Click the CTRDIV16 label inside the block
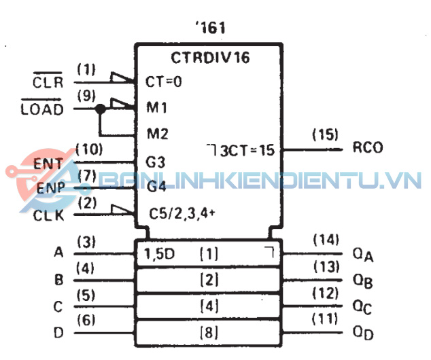(x=210, y=58)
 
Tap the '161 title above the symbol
(x=211, y=28)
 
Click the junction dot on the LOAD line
(x=101, y=109)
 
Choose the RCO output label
(x=368, y=147)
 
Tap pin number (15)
(x=325, y=134)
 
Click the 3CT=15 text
(x=247, y=151)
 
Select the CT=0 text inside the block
(x=164, y=82)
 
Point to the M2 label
(x=157, y=134)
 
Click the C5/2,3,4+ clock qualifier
(x=182, y=214)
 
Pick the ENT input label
(x=48, y=164)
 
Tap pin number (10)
(x=89, y=149)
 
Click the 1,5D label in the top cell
(x=160, y=254)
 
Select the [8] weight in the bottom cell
(x=209, y=333)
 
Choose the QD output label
(x=363, y=333)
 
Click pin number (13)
(x=326, y=267)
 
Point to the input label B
(x=59, y=280)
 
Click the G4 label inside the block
(x=156, y=187)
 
